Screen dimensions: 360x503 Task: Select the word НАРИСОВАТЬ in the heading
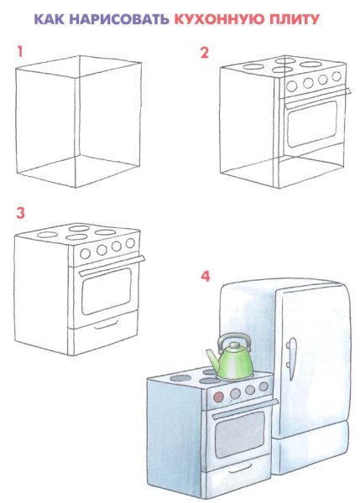[x=119, y=19]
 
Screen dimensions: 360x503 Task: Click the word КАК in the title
[x=49, y=19]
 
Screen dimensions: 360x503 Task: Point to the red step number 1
[x=20, y=52]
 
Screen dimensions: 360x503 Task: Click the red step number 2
[x=205, y=53]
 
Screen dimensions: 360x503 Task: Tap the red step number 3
[x=20, y=213]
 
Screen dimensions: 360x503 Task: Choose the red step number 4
[x=206, y=276]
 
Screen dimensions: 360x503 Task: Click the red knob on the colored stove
[x=219, y=397]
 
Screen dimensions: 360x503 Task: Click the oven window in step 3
[x=107, y=291]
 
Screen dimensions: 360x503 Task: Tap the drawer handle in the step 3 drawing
[x=107, y=325]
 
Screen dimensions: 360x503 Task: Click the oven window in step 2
[x=312, y=124]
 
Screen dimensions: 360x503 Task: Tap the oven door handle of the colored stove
[x=245, y=409]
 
